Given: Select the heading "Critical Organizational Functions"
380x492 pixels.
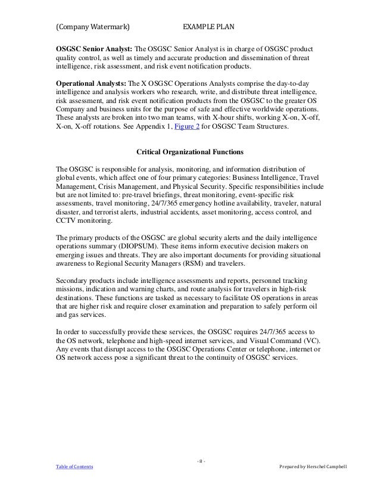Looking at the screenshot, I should pos(188,151).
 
